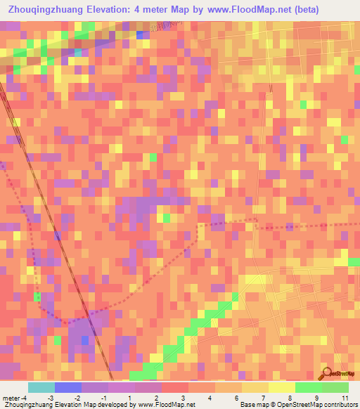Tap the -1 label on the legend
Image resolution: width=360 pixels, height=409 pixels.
point(103,398)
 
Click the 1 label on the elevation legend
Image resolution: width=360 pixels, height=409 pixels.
point(130,398)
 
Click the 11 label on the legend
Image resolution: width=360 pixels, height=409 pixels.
point(345,398)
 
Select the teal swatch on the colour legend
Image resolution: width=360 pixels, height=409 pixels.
point(41,387)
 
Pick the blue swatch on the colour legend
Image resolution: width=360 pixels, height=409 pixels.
point(67,387)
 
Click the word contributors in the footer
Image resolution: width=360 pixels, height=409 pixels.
point(335,405)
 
